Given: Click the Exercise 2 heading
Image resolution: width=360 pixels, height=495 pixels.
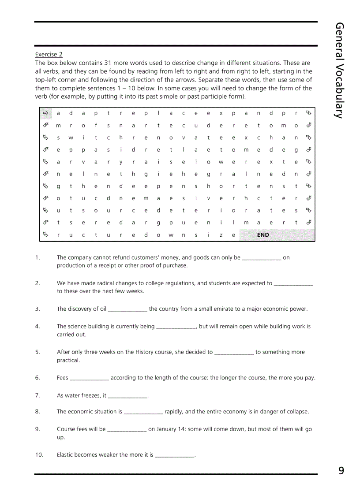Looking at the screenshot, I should (49, 54).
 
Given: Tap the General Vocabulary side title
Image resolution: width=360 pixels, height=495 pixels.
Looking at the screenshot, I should (339, 71).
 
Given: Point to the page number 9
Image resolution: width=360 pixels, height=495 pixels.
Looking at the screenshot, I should (341, 471).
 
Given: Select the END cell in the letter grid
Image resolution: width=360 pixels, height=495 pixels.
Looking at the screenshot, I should (263, 235).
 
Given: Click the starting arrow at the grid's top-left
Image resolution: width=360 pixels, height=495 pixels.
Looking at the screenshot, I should (45, 113).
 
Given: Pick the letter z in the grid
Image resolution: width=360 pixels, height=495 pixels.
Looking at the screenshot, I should (221, 235).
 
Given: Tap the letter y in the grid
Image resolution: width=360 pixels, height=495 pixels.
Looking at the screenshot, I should (121, 162).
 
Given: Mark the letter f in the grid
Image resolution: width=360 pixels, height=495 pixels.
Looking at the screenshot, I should (96, 126).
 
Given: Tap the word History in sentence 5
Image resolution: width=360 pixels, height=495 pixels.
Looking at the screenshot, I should (144, 352).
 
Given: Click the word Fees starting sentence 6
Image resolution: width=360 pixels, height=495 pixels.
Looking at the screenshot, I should (62, 378).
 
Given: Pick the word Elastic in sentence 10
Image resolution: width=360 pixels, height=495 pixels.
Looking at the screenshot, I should (65, 455).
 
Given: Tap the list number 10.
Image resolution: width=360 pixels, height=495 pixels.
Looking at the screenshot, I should (39, 455).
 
